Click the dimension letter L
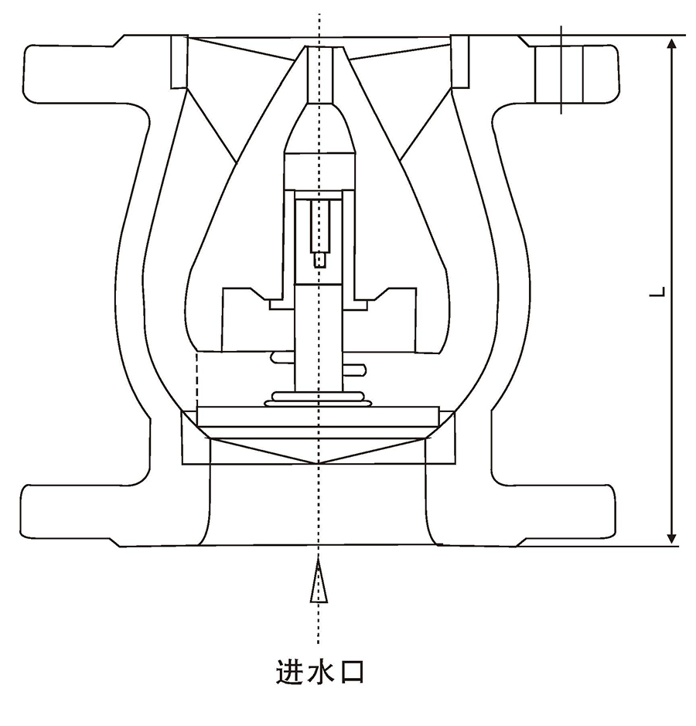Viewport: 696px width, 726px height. pyautogui.click(x=658, y=292)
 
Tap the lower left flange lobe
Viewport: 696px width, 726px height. pyautogui.click(x=70, y=515)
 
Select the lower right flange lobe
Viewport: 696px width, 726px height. pyautogui.click(x=565, y=515)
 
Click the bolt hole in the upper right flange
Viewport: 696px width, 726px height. pyautogui.click(x=562, y=71)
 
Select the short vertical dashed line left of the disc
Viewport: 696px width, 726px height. pyautogui.click(x=198, y=379)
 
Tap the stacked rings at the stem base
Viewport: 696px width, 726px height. pyautogui.click(x=317, y=398)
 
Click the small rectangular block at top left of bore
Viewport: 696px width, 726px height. pyautogui.click(x=178, y=61)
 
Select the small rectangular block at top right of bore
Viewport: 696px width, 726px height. pyautogui.click(x=462, y=61)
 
